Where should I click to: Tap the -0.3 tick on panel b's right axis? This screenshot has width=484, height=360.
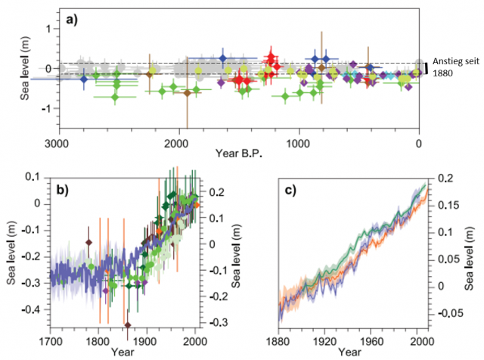pyautogui.click(x=216, y=323)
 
